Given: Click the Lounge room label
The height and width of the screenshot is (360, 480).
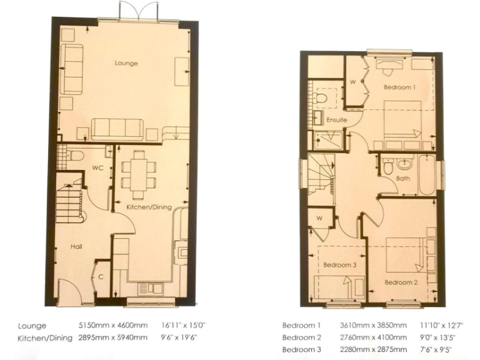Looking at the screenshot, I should click(126, 63).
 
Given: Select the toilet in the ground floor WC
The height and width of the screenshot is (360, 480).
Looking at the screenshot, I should click(74, 154).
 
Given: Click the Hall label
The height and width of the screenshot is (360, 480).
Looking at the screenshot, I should click(76, 247).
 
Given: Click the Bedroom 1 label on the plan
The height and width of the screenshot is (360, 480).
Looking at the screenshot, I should click(399, 87).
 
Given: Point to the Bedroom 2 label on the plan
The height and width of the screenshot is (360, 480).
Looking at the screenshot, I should click(400, 282).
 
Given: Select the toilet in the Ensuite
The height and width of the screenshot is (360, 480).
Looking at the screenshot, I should click(323, 97).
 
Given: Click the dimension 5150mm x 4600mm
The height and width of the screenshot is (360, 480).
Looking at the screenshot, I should click(112, 326).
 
